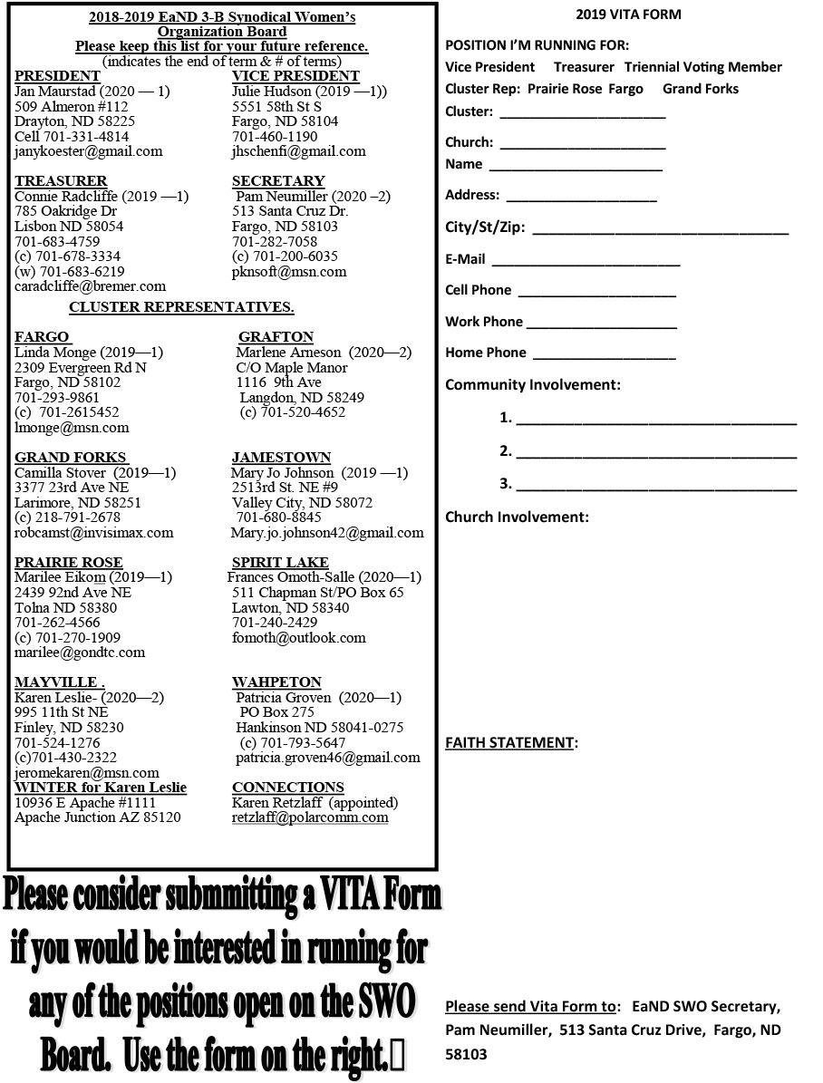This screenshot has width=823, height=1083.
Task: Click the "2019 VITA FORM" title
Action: click(x=628, y=15)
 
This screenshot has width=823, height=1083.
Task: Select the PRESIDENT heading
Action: click(x=57, y=76)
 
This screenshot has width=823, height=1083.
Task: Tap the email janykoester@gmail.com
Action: click(x=89, y=151)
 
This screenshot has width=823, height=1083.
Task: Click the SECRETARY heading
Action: click(x=277, y=181)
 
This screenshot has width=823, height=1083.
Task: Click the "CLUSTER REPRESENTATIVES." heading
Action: click(x=181, y=306)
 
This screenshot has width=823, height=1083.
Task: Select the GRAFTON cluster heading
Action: click(x=276, y=337)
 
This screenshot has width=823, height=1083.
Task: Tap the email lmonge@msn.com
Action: click(x=72, y=428)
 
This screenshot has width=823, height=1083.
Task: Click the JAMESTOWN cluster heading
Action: click(x=281, y=458)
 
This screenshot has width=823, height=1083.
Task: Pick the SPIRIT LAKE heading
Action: click(x=280, y=563)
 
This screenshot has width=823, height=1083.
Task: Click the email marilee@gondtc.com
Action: click(x=80, y=653)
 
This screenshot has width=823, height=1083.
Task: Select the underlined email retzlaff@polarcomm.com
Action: click(x=310, y=817)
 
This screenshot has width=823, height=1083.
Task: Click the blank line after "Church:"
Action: click(x=582, y=145)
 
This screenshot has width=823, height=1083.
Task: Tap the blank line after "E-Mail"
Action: click(x=585, y=263)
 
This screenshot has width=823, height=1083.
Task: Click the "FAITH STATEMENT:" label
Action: click(x=511, y=743)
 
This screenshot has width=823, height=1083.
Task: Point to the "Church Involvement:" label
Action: click(x=517, y=517)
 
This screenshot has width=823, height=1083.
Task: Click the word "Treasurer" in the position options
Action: click(x=584, y=67)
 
